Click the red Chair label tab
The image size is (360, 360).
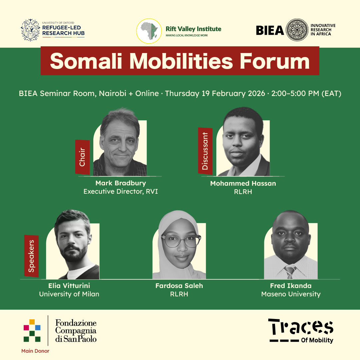(x=82, y=157)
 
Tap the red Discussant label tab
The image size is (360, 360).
(x=205, y=151)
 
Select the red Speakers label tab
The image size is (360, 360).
(x=31, y=256)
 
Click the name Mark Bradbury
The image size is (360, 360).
(x=121, y=183)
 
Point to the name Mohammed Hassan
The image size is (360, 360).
(x=243, y=183)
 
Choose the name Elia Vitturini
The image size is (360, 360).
(x=69, y=286)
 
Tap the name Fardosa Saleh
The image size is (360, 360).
(x=179, y=286)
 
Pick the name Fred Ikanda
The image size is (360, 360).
(x=291, y=286)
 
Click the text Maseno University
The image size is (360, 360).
(x=291, y=294)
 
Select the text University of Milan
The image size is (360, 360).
(x=69, y=294)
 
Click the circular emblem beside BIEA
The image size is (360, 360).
(x=297, y=30)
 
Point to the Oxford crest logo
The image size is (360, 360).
(x=30, y=30)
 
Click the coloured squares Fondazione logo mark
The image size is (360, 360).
(x=32, y=330)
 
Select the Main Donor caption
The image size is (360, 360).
(x=35, y=351)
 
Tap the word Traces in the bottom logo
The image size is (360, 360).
(x=301, y=326)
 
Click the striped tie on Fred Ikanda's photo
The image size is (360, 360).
(x=290, y=272)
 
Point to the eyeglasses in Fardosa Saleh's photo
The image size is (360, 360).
(x=181, y=241)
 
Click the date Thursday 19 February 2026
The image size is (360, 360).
(x=215, y=93)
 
